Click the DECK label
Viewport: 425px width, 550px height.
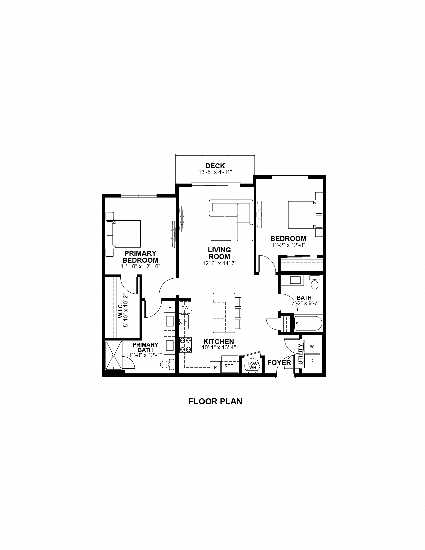215,166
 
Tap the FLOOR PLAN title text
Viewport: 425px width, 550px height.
215,401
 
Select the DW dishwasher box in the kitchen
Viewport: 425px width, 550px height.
185,308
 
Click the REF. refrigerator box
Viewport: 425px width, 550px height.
229,366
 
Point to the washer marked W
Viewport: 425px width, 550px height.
312,347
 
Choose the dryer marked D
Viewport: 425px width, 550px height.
312,360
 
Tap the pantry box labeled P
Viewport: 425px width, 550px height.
215,367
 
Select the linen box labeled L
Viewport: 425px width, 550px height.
170,306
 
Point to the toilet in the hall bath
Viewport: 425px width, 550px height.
314,283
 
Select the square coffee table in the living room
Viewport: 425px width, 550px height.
221,232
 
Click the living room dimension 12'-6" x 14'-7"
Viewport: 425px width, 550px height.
219,263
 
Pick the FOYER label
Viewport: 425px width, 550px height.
279,363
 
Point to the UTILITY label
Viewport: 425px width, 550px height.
300,354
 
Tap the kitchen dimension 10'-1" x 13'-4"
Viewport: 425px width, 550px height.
219,347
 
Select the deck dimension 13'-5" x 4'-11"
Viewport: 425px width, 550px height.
215,172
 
